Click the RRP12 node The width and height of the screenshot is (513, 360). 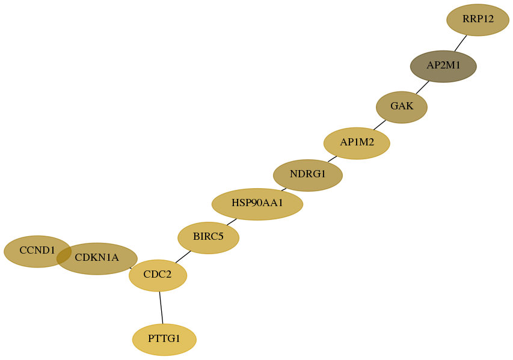478,20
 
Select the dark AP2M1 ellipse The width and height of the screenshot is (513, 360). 443,66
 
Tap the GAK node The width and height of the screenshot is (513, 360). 401,107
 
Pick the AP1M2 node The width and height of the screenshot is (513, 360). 357,143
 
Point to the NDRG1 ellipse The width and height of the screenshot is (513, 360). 308,175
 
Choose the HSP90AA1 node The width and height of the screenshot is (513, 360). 257,204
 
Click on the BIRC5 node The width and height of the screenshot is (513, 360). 209,238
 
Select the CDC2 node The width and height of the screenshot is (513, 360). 158,275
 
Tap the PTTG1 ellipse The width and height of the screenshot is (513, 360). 164,340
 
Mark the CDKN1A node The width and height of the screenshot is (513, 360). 97,258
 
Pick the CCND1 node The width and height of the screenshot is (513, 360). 38,251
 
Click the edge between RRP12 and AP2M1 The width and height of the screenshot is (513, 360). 460,43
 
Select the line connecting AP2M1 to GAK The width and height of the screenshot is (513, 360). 422,87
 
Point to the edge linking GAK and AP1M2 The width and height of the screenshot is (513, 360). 379,125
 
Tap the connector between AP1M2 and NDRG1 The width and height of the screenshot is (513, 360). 332,159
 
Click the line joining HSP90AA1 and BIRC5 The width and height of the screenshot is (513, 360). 232,222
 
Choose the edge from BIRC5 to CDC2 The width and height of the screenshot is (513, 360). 183,257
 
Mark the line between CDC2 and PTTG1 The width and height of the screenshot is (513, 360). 161,307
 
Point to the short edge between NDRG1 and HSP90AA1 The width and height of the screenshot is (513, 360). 284,189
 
